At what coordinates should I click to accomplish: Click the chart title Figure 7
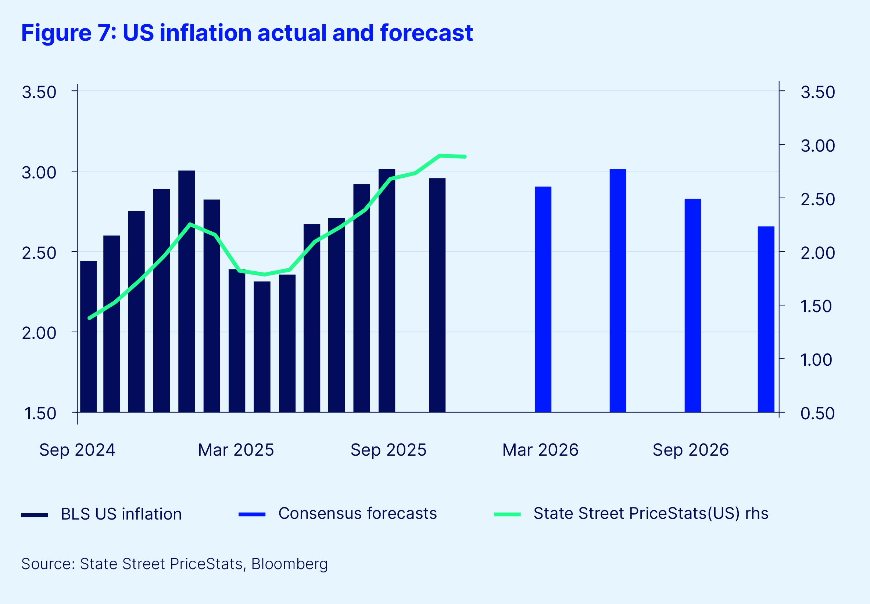[247, 33]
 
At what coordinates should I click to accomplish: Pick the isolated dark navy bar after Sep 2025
[437, 295]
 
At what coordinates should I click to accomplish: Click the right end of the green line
[465, 156]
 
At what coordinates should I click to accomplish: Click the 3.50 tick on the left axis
[39, 92]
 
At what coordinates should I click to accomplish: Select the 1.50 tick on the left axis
[40, 413]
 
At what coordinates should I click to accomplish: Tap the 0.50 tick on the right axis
[817, 413]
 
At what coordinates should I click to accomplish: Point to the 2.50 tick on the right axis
[817, 199]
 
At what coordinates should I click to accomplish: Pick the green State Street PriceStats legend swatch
[507, 514]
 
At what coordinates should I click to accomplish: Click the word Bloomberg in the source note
[289, 564]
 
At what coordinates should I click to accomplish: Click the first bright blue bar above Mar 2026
[543, 299]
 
